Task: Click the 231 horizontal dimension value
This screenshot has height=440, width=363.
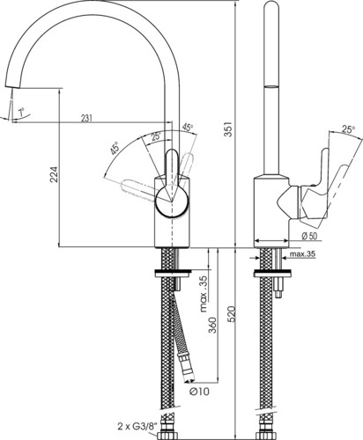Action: (86, 118)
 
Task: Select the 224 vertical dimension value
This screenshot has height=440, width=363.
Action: (55, 175)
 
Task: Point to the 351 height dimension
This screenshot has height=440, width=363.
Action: (228, 128)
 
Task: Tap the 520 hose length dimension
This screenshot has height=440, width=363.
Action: (231, 314)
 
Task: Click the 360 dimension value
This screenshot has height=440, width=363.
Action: (212, 326)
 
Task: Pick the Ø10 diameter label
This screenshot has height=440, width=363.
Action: (199, 391)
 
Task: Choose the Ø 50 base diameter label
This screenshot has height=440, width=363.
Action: (309, 236)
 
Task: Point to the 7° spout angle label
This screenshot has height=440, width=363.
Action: (21, 112)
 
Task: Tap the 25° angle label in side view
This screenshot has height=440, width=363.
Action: (348, 129)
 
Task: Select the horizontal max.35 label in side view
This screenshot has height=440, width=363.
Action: (302, 254)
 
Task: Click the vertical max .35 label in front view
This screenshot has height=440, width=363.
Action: (204, 294)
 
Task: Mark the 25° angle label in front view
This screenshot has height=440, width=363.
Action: (156, 136)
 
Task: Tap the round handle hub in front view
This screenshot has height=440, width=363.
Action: (172, 202)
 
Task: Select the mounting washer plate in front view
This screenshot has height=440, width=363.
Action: (173, 273)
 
